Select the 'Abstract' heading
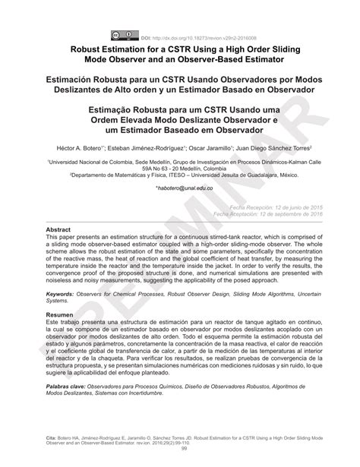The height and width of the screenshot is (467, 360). coord(59,229)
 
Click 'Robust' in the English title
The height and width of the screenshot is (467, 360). coord(94,47)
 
